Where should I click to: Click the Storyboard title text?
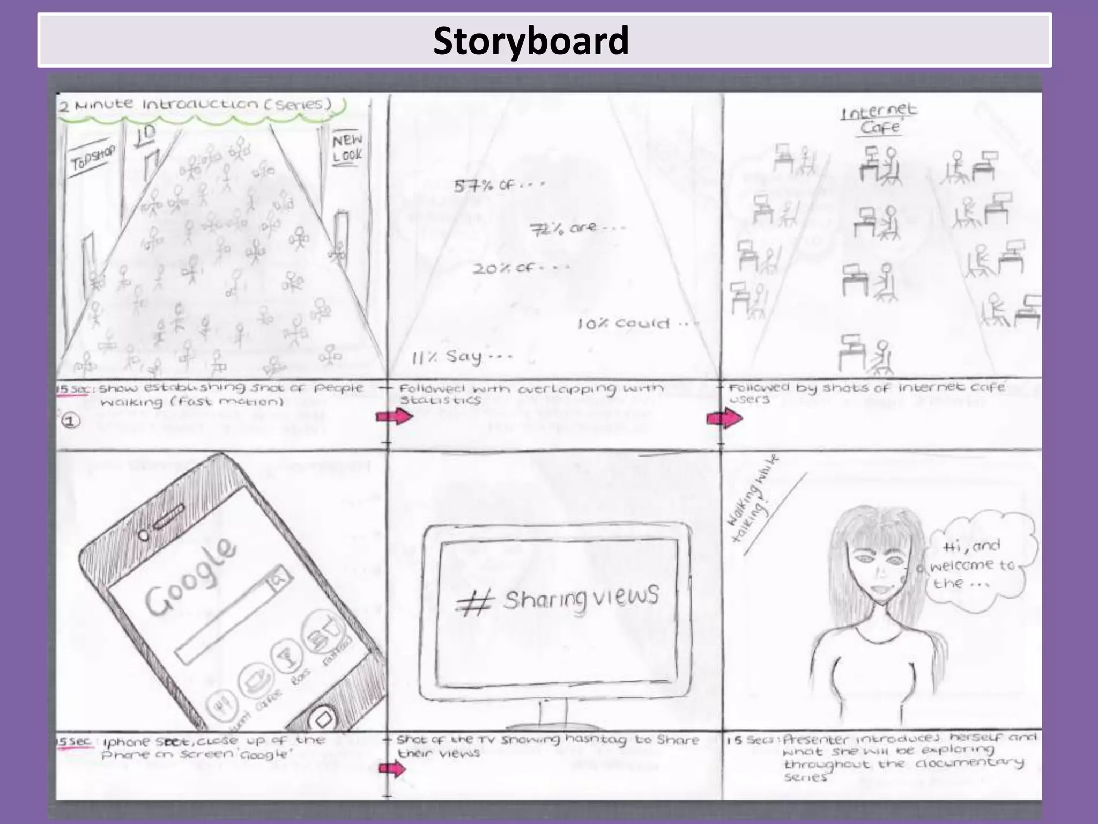(x=531, y=41)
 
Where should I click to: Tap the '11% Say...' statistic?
(x=462, y=357)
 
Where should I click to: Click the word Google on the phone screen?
(x=191, y=575)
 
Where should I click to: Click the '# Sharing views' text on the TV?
(x=557, y=599)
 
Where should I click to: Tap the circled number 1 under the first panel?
(x=70, y=421)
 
